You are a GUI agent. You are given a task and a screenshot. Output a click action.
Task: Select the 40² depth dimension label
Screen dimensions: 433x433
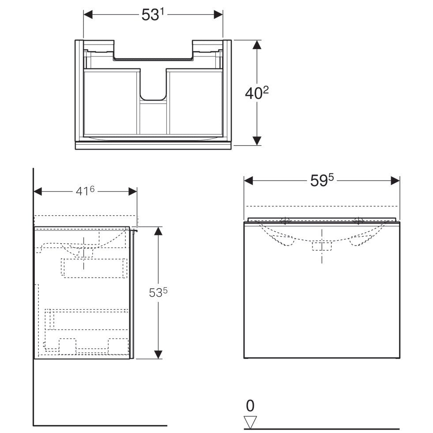257,93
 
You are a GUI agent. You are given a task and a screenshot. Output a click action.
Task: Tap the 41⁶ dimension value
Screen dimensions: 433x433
85,191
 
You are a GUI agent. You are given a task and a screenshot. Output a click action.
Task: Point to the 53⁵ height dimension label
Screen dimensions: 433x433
158,293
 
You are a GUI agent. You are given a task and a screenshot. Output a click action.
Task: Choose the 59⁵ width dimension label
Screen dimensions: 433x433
322,181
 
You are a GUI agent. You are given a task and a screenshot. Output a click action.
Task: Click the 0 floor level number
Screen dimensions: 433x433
250,406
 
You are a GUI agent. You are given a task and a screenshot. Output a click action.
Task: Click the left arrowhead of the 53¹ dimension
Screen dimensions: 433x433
88,15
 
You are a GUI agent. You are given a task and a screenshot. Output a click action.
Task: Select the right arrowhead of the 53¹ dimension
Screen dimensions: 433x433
218,15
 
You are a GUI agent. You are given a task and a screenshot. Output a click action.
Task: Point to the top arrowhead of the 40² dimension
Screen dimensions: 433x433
257,45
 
